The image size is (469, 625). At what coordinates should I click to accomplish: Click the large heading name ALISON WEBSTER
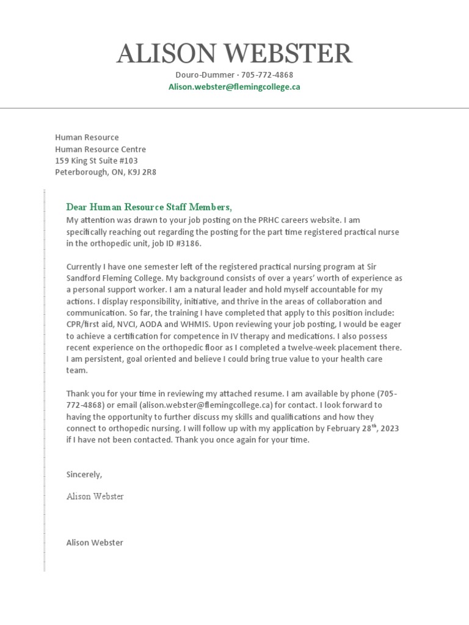234,54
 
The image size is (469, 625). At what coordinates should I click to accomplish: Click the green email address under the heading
234,87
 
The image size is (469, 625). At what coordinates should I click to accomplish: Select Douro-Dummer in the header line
202,74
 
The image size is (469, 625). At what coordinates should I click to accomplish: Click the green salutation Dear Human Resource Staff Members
149,207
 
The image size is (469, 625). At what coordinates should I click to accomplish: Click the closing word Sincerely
84,474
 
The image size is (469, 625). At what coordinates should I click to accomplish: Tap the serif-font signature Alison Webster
95,496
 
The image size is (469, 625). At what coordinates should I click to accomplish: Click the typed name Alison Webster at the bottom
95,543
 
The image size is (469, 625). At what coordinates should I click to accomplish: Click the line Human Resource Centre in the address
100,149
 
